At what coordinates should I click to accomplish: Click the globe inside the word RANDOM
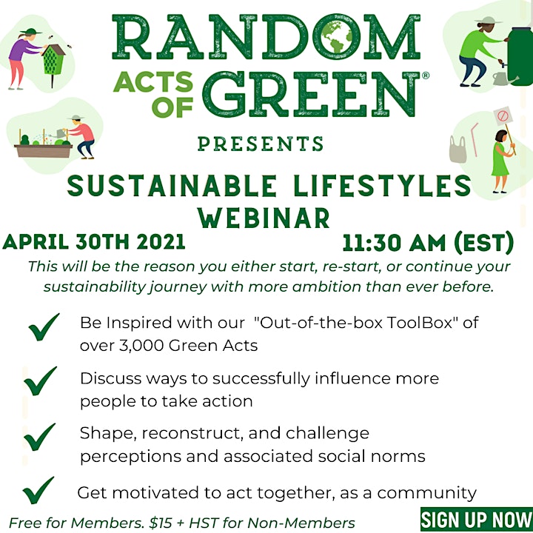337,37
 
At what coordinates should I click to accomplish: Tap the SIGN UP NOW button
477,519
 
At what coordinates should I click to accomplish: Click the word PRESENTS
261,144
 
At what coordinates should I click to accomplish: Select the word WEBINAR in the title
264,218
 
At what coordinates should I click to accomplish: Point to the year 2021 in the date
161,242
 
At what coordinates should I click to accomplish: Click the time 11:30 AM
395,243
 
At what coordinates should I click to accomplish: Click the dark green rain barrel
520,56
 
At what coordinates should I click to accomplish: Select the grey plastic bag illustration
457,150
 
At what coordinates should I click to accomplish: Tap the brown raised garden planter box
43,150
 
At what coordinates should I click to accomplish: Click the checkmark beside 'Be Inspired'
44,327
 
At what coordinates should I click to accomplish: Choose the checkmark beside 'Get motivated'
38,490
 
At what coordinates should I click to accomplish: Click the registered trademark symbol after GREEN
425,76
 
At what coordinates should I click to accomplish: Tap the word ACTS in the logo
153,81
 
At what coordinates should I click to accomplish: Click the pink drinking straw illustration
475,139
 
